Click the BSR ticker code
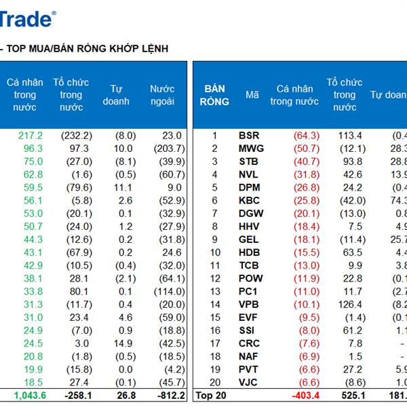point(249,136)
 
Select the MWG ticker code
point(251,149)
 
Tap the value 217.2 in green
point(31,136)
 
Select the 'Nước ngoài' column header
point(162,95)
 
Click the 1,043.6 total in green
point(28,395)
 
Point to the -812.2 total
point(166,395)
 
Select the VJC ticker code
point(249,382)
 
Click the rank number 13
point(215,291)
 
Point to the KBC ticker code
point(250,200)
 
